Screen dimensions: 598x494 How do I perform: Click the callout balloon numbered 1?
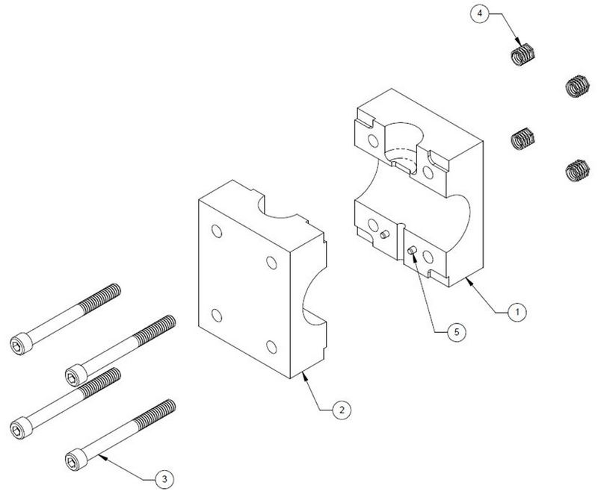517,312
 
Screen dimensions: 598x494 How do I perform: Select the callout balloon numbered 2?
342,410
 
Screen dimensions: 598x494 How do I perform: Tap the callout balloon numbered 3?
164,479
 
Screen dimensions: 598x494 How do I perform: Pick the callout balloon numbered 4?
480,13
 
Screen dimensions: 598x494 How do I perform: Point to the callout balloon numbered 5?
457,332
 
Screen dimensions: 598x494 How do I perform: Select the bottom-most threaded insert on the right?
577,170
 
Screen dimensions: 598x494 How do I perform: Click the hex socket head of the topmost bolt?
21,344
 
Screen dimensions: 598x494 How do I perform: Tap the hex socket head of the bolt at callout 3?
76,460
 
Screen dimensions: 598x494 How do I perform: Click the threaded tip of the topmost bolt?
101,298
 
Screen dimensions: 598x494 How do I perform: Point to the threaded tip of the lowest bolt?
155,414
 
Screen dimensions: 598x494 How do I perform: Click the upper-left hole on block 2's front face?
217,231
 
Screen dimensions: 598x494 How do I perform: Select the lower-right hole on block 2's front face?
271,347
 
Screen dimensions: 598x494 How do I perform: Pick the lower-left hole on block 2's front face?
217,316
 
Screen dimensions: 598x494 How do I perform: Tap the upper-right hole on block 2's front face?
271,262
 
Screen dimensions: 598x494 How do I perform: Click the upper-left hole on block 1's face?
373,141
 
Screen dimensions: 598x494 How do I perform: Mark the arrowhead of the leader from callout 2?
304,376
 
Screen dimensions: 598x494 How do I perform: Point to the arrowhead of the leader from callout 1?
469,281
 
